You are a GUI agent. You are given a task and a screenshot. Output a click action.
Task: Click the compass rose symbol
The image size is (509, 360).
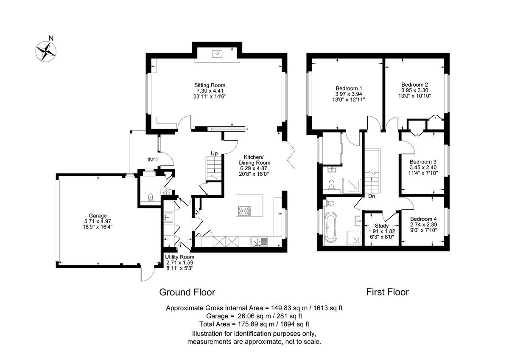46,51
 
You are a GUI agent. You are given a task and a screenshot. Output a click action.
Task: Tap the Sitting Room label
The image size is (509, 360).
210,85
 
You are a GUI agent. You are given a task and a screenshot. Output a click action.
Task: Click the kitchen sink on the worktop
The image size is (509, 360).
258,242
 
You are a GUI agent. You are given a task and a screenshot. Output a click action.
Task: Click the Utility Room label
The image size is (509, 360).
180,257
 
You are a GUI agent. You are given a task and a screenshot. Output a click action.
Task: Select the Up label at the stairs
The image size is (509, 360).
214,153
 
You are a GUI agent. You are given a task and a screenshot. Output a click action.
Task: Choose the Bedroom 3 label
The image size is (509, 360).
422,162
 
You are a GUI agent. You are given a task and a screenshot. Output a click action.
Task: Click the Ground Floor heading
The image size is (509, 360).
187,292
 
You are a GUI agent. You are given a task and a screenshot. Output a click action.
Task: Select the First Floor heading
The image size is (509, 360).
387,292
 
